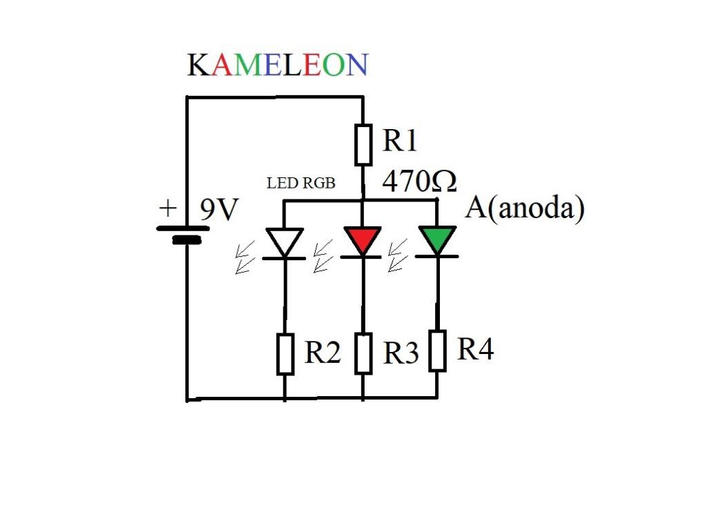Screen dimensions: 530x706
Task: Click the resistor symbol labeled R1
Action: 363,145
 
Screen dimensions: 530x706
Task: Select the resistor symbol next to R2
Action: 285,354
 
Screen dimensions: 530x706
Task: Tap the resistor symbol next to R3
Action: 364,353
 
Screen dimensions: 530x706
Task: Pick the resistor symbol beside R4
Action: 437,351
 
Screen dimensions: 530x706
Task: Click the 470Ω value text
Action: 419,182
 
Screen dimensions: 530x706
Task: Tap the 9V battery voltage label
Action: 219,210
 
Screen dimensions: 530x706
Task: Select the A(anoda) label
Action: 525,208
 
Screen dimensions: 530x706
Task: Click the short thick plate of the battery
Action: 187,241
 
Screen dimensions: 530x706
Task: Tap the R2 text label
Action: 323,353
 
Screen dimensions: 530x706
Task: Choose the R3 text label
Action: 401,353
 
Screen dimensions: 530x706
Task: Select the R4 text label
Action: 476,350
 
